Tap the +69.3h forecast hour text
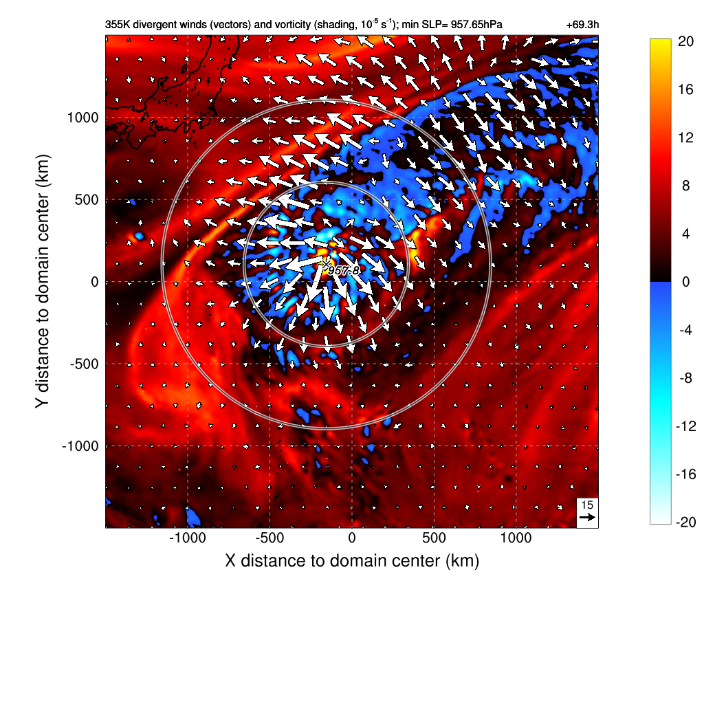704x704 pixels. (583, 25)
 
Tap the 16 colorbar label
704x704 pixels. (685, 90)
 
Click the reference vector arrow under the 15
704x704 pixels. (587, 517)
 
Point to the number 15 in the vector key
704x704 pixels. (587, 505)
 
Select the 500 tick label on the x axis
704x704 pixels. (434, 538)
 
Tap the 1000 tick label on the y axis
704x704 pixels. (83, 118)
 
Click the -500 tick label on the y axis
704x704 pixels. (83, 364)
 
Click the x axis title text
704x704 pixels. (351, 560)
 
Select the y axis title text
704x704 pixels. (43, 282)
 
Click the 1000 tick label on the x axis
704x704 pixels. (516, 538)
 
